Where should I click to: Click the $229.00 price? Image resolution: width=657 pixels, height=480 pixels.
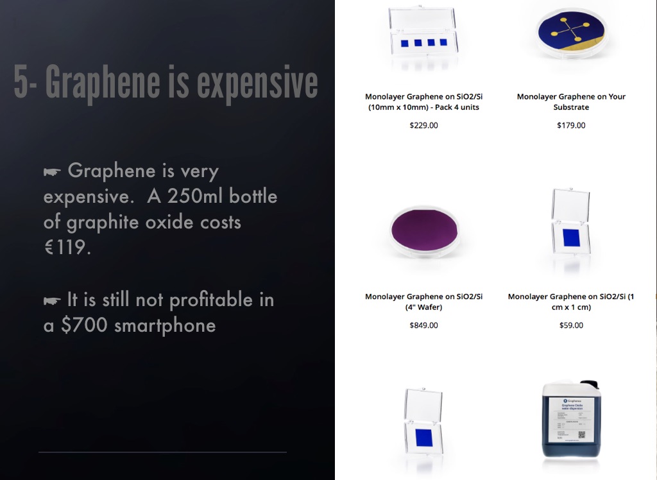(423, 125)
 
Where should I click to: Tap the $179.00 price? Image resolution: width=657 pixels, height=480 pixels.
(571, 125)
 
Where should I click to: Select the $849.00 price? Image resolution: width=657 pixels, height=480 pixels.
(423, 325)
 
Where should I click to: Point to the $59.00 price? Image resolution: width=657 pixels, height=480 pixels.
(571, 325)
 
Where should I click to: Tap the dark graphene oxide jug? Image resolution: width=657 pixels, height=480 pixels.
(571, 420)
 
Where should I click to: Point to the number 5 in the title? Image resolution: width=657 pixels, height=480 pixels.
(21, 82)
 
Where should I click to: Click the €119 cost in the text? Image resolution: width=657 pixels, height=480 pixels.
(67, 247)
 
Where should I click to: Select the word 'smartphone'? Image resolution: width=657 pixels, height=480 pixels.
(165, 325)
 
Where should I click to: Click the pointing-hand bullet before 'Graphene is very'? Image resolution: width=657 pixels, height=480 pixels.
(52, 171)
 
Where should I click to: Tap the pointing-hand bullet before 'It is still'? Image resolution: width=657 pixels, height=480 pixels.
(52, 300)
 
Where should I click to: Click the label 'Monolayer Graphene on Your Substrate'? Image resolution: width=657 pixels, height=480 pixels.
(571, 101)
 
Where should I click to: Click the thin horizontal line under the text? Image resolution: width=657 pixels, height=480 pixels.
(162, 452)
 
